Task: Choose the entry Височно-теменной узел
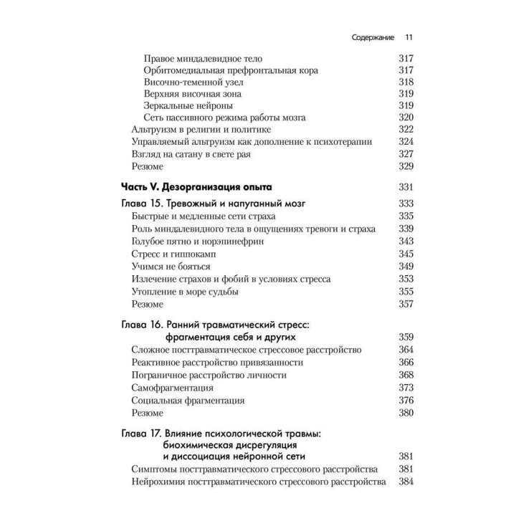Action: coord(183,82)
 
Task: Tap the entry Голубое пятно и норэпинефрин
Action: coord(197,242)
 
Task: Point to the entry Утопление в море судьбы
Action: coord(185,291)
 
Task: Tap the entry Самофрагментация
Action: coord(173,388)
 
